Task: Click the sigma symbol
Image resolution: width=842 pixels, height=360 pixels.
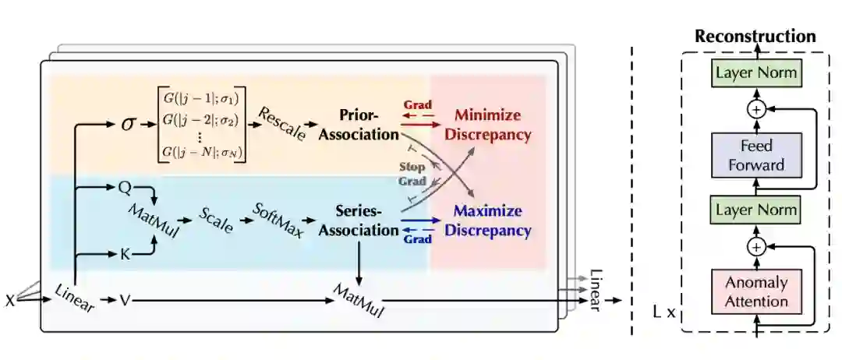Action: [x=128, y=123]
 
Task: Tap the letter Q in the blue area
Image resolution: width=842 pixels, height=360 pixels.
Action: [x=124, y=187]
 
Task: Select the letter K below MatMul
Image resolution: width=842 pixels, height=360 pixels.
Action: [x=124, y=254]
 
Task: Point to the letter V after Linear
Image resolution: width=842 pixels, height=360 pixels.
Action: [x=124, y=299]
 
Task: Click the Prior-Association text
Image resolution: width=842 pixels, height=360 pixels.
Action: [x=370, y=125]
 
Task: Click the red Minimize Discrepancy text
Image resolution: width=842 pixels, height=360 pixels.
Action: [x=488, y=125]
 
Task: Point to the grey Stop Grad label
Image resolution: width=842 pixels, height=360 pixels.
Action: [x=412, y=174]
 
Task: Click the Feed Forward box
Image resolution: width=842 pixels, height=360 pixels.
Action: [x=755, y=155]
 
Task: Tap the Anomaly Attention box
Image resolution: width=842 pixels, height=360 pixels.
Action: [x=756, y=291]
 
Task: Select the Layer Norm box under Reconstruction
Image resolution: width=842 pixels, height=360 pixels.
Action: [x=755, y=72]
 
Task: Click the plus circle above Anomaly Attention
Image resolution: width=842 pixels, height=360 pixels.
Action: [x=755, y=247]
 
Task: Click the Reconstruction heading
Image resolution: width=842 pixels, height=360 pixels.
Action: [x=755, y=37]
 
